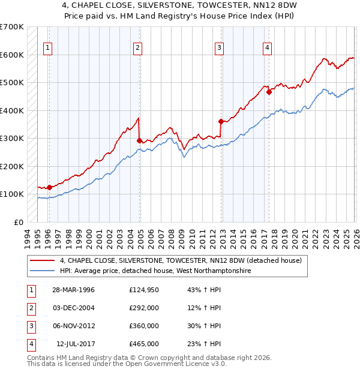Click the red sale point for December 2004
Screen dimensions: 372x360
click(x=139, y=140)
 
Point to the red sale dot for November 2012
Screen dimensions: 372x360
click(x=221, y=121)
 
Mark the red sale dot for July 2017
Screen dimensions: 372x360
click(x=269, y=92)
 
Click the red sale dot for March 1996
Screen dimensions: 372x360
click(x=49, y=187)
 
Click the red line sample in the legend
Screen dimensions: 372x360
click(x=43, y=260)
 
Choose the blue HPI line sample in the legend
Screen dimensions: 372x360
click(x=43, y=271)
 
